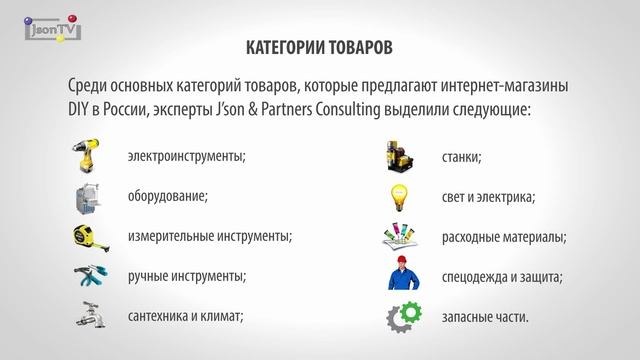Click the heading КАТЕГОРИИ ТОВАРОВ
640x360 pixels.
click(x=319, y=48)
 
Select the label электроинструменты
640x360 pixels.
click(x=187, y=157)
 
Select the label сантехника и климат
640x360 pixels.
click(x=187, y=316)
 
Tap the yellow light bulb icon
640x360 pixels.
click(x=403, y=197)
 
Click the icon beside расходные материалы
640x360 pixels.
click(x=403, y=237)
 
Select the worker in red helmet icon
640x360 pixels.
click(x=403, y=276)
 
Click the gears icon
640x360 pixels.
click(x=403, y=317)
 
